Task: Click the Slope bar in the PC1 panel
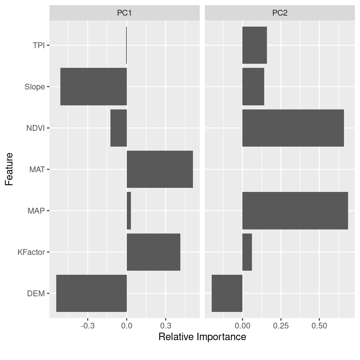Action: coord(93,87)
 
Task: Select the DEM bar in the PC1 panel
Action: coord(91,293)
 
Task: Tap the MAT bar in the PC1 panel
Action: coord(160,169)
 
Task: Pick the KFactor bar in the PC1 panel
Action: coord(153,252)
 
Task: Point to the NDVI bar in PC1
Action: coord(119,128)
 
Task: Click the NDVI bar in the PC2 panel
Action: coord(293,128)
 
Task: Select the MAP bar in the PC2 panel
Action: coord(295,211)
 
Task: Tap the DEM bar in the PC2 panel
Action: coord(227,293)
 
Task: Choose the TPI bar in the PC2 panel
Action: coord(254,45)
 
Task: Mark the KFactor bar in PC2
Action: coord(247,252)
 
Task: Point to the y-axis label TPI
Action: coord(39,45)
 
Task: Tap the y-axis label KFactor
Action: coord(31,252)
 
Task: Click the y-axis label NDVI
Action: coord(35,128)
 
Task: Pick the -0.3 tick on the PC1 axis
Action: coord(87,326)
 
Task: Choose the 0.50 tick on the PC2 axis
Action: coord(319,326)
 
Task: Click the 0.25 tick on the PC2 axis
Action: coord(281,326)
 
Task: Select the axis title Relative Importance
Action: coord(202,337)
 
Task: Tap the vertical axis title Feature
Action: coord(9,169)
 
